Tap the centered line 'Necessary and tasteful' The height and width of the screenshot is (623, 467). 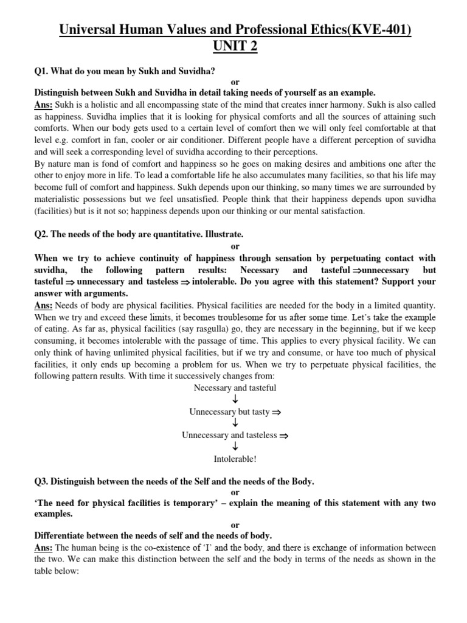(234, 388)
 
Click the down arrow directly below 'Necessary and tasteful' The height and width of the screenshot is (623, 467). (235, 400)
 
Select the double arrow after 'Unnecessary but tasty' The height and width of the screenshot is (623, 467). (275, 412)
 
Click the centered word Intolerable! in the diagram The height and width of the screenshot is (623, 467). (235, 458)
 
